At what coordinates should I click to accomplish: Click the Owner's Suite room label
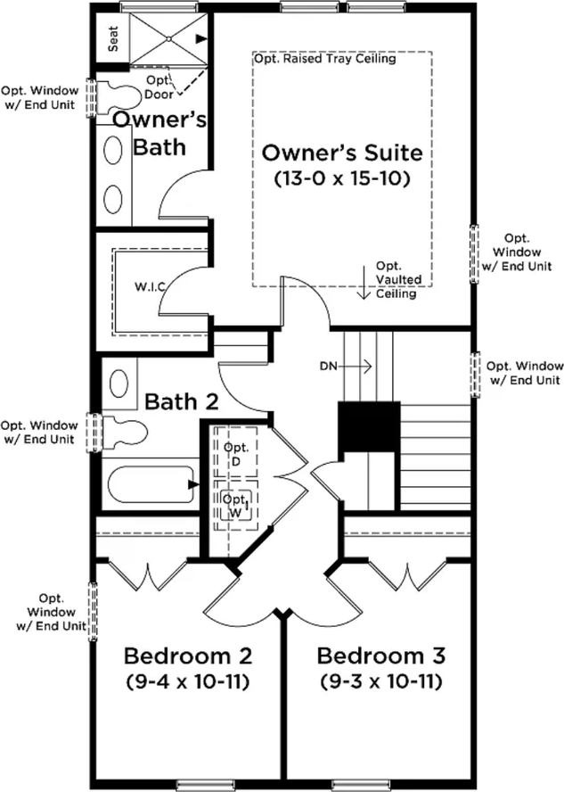(x=342, y=153)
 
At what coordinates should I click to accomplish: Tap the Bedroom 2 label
(x=188, y=656)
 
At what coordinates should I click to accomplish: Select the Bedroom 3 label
(x=380, y=656)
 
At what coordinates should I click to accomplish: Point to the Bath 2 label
(x=182, y=401)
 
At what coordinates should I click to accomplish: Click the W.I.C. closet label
(x=150, y=287)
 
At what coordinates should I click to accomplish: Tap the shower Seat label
(x=113, y=38)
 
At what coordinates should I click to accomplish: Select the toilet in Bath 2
(x=124, y=432)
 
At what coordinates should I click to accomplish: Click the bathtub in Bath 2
(x=151, y=484)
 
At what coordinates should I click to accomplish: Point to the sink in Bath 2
(x=119, y=384)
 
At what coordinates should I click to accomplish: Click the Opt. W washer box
(x=236, y=505)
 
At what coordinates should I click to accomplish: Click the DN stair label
(x=328, y=365)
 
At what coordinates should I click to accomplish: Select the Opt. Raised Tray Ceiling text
(x=325, y=59)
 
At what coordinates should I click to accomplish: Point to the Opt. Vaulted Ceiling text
(x=398, y=279)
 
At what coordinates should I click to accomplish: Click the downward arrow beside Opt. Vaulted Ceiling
(x=364, y=284)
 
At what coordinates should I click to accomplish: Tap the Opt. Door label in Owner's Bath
(x=159, y=87)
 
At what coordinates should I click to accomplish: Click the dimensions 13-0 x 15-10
(x=342, y=178)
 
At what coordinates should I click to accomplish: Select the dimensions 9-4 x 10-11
(x=188, y=682)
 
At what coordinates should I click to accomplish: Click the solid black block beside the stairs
(x=369, y=425)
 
